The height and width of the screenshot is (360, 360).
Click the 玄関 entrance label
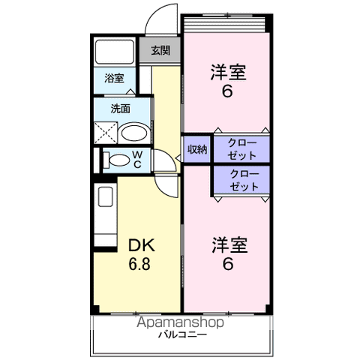click(x=160, y=50)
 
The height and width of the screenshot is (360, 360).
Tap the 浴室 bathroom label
click(x=114, y=78)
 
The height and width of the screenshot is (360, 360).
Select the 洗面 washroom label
click(x=121, y=109)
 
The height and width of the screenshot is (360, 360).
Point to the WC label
click(x=137, y=160)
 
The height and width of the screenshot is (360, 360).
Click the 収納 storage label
click(x=197, y=149)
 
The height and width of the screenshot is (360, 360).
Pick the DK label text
click(x=142, y=245)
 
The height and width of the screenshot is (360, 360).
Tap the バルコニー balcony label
click(x=182, y=334)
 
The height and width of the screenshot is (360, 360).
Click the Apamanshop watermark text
click(x=180, y=322)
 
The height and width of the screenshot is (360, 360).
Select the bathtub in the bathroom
click(x=115, y=52)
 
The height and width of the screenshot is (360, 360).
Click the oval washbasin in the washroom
click(x=134, y=133)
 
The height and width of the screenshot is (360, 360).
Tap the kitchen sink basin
click(x=106, y=196)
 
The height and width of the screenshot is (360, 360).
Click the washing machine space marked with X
click(x=106, y=133)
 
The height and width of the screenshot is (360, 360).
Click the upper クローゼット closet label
click(x=242, y=149)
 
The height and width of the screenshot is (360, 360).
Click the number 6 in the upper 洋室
click(x=227, y=91)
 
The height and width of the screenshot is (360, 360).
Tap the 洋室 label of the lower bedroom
click(x=229, y=244)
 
